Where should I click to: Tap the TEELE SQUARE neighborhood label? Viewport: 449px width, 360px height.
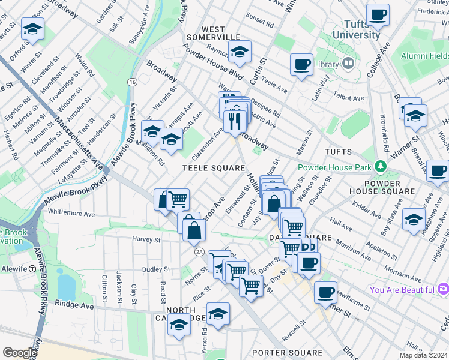[x=214, y=169]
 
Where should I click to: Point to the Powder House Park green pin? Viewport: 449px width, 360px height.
[x=379, y=166]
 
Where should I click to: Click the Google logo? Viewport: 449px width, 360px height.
[x=20, y=352]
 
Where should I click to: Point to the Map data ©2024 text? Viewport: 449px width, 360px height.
[x=421, y=355]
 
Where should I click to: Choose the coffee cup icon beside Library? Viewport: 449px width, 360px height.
[x=301, y=64]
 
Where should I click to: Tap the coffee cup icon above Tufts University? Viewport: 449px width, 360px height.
[x=378, y=14]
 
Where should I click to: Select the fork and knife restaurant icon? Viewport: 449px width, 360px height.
[x=234, y=121]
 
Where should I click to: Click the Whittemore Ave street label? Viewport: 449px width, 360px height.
[x=71, y=213]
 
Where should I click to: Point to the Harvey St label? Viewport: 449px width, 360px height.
[x=146, y=239]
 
